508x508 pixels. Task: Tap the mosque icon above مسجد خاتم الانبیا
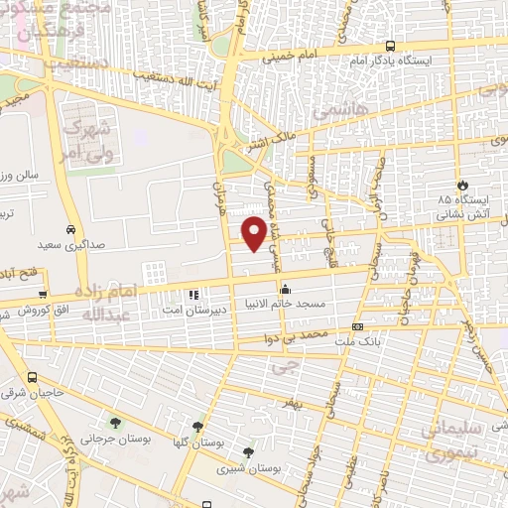(x=287, y=289)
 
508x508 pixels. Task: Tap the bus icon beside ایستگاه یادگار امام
(x=390, y=47)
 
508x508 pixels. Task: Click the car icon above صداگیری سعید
(x=70, y=226)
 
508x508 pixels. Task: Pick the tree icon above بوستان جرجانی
(x=116, y=421)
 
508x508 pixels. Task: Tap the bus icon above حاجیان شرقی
(x=33, y=378)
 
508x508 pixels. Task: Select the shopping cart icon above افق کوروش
(x=43, y=295)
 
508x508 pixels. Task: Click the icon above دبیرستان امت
(x=193, y=295)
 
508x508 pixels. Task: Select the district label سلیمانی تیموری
(x=453, y=443)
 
